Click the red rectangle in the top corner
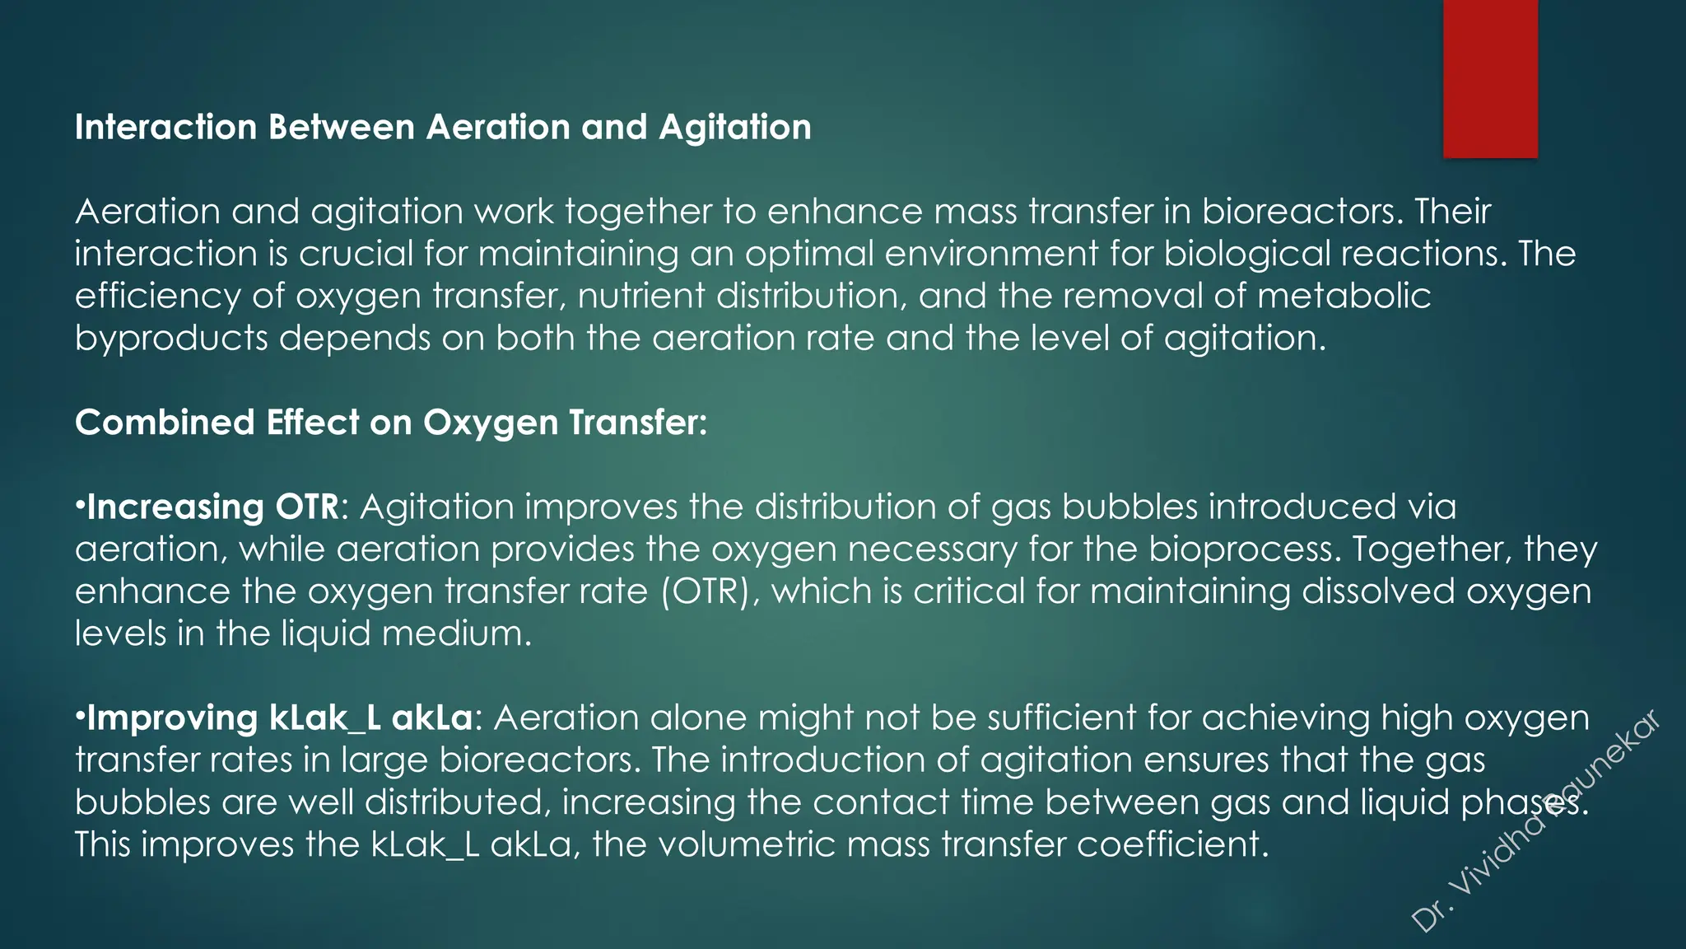coord(1490,78)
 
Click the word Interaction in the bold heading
coord(165,128)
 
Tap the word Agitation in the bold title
coord(735,128)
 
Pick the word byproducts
coord(171,338)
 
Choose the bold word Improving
coord(171,718)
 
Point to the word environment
coord(991,254)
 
